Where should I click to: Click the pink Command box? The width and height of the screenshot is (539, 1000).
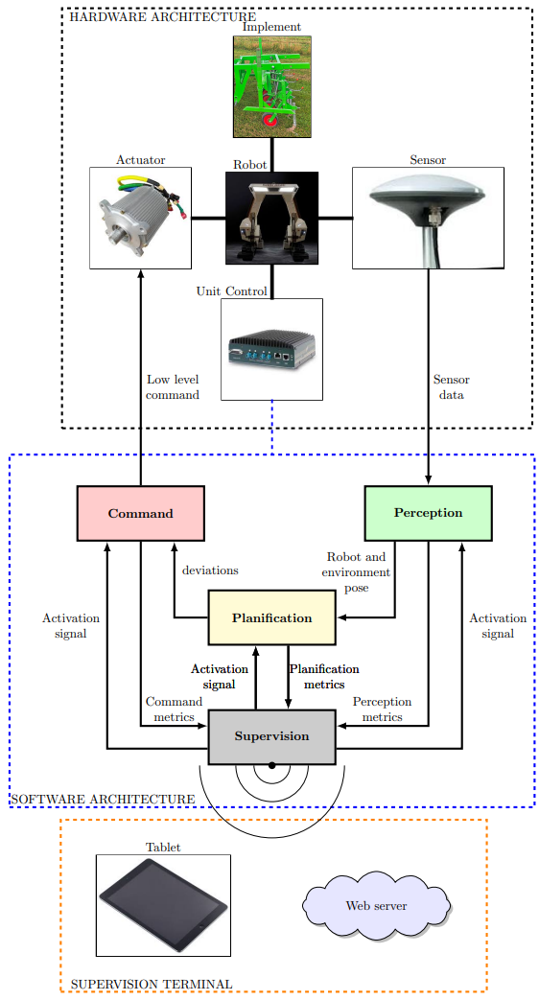[140, 513]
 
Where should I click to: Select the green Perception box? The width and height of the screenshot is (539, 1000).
[428, 513]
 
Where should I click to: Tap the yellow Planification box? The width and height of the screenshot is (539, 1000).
[271, 617]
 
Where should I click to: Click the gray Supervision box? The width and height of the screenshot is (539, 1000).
[271, 736]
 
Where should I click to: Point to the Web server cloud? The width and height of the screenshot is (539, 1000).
[376, 905]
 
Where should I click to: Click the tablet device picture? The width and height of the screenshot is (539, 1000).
[163, 905]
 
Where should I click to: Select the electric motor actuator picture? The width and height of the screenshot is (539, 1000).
[140, 218]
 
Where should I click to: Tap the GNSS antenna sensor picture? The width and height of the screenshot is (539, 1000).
[428, 218]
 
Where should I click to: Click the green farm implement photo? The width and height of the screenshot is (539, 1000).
[271, 86]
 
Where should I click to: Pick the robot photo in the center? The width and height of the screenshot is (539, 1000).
[271, 218]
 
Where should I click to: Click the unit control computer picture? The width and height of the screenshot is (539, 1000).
[271, 349]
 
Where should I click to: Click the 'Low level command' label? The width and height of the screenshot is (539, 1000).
[173, 387]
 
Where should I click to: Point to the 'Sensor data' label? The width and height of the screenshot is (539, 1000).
[452, 387]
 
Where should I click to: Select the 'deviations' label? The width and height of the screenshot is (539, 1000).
[210, 570]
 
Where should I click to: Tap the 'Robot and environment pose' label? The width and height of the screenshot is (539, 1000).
[356, 572]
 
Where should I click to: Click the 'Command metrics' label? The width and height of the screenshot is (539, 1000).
[174, 709]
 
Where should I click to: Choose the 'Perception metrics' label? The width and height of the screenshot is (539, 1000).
[382, 709]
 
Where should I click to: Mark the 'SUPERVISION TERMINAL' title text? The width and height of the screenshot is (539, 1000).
[152, 984]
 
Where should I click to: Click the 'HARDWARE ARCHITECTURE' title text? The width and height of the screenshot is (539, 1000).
[163, 16]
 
